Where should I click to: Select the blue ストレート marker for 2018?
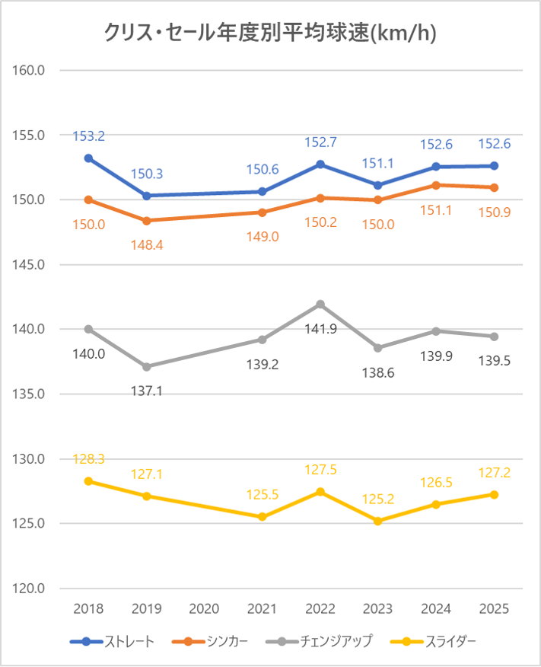coord(88,158)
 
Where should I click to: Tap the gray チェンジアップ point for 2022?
coord(320,305)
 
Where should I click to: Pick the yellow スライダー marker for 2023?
coord(378,521)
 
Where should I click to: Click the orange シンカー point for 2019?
coord(146,221)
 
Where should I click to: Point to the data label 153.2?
coord(88,136)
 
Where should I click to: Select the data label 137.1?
coord(147,391)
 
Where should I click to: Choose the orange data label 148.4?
coord(147,244)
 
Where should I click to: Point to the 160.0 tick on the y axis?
coord(31,70)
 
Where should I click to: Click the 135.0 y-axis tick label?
coord(31,394)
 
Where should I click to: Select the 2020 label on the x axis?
coord(204,609)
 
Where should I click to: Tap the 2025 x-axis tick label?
coord(494,609)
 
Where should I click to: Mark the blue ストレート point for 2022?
coord(320,164)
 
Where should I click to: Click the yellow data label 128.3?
coord(88,458)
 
